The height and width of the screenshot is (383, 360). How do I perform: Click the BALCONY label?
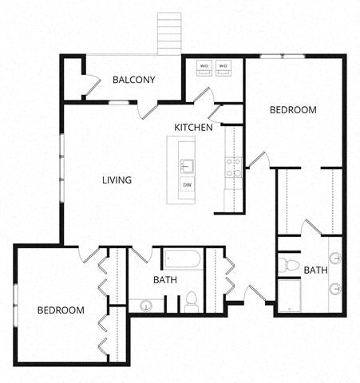tap(133, 80)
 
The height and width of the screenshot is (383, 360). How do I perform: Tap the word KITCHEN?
tap(194, 128)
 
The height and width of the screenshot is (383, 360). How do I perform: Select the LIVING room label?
tap(117, 180)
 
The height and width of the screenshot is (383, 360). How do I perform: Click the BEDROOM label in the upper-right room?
tap(292, 110)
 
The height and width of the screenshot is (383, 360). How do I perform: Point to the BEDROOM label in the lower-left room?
tap(61, 310)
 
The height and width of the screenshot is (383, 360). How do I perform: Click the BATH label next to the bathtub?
tap(164, 280)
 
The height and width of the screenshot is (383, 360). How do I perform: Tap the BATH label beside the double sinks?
tap(315, 270)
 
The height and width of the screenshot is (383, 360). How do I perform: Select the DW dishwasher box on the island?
tap(187, 186)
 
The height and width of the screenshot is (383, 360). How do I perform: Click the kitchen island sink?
tap(187, 166)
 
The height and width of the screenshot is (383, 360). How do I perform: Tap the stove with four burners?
tap(233, 167)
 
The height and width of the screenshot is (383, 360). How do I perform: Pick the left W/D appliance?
tap(204, 67)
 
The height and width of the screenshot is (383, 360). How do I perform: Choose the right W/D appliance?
tap(224, 67)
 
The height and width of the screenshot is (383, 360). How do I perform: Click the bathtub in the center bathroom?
tap(184, 259)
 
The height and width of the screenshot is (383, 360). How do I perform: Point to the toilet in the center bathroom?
tap(192, 301)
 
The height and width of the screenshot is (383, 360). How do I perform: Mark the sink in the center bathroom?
tap(146, 304)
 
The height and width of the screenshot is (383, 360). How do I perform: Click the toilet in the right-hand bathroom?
tap(289, 264)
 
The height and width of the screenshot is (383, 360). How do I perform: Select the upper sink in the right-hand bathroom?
tap(335, 258)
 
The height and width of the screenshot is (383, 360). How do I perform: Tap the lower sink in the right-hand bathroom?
tap(335, 288)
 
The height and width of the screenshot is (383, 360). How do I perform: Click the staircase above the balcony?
tap(170, 34)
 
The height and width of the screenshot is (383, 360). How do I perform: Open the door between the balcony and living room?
tap(148, 111)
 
